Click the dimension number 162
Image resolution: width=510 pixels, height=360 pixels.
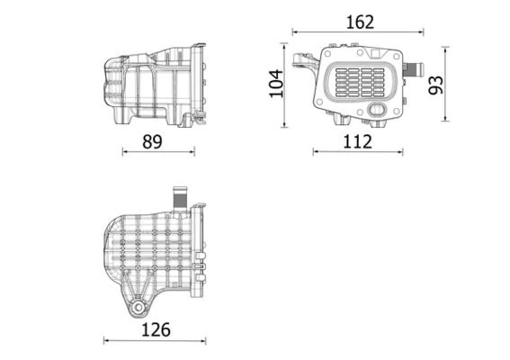[x=360, y=22]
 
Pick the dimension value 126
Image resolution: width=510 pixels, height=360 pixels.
[x=155, y=328]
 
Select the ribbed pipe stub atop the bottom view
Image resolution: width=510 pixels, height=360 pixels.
[x=179, y=195]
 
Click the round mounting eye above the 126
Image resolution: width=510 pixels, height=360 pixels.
[x=137, y=308]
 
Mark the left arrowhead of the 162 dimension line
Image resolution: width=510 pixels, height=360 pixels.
[x=294, y=33]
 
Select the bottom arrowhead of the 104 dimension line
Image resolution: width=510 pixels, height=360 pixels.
[x=286, y=124]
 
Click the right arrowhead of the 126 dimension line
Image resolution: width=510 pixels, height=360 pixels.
[x=206, y=340]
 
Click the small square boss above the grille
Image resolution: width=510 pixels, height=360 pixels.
[x=334, y=47]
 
